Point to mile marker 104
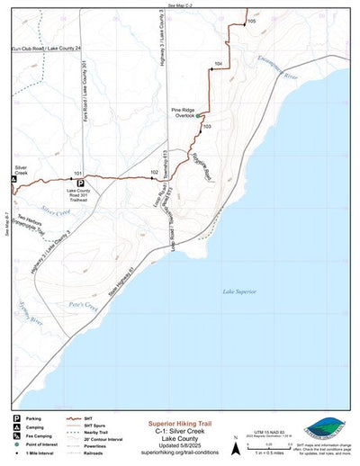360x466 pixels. coord(218,64)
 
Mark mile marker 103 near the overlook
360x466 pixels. coord(206,128)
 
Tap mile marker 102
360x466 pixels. coord(155,172)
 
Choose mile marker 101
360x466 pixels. coord(78,172)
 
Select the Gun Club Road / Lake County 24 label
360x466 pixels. coord(42,47)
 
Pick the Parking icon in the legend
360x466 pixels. coord(16,418)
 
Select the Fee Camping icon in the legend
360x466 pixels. coord(16,436)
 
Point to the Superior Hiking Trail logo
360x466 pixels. coord(324,428)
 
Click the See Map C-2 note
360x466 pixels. coord(180,5)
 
